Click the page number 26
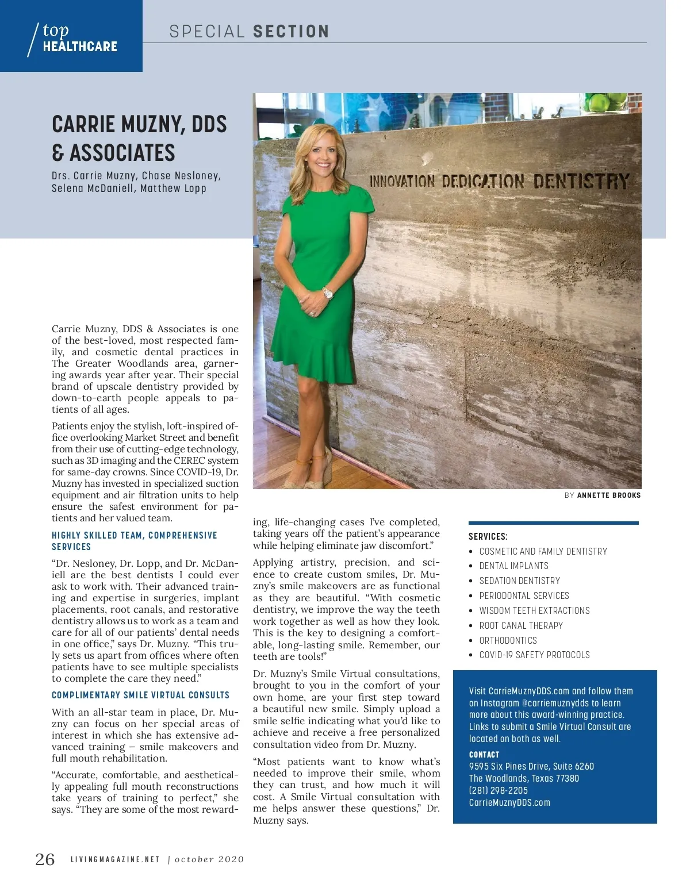pos(45,859)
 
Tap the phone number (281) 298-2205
pos(498,790)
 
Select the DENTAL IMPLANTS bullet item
pos(513,566)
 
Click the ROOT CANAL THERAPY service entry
pos(521,625)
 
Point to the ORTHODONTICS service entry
pos(508,640)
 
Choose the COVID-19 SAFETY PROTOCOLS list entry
pos(534,655)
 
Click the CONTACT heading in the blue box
pos(484,755)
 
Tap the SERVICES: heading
pos(488,536)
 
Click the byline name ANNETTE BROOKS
pos(608,495)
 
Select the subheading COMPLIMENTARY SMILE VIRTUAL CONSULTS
pos(140,695)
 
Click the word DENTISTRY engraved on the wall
pos(581,182)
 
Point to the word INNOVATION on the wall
pos(402,182)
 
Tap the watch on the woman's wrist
pos(328,294)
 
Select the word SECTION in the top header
pos(290,32)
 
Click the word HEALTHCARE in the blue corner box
pos(80,47)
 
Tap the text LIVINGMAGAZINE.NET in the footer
pos(115,860)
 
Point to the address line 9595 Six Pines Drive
pos(531,766)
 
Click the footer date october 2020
pos(209,860)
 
